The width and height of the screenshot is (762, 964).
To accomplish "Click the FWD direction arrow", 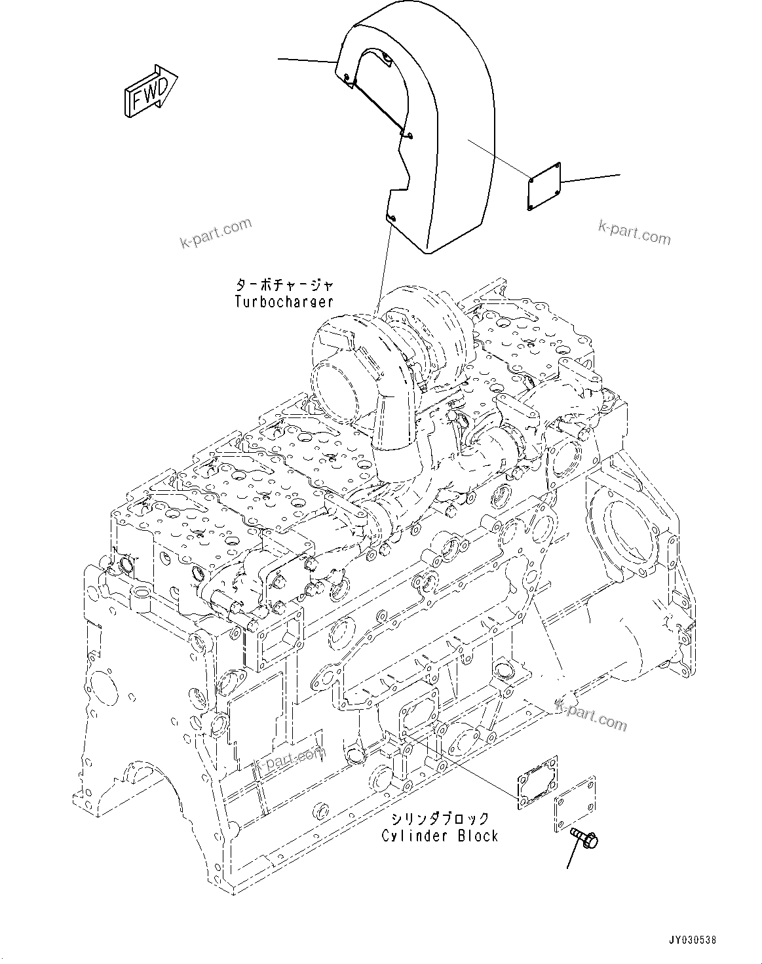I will pyautogui.click(x=149, y=92).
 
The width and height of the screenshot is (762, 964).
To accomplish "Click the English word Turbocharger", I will pyautogui.click(x=284, y=302).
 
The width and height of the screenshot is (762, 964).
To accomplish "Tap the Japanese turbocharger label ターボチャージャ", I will pyautogui.click(x=284, y=285).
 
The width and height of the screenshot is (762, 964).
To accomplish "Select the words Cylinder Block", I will pyautogui.click(x=440, y=836).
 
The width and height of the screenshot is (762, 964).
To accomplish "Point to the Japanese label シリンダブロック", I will pyautogui.click(x=440, y=819).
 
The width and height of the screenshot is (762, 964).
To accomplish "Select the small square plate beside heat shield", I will pyautogui.click(x=544, y=186).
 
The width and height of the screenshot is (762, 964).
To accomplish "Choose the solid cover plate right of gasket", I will pyautogui.click(x=575, y=805).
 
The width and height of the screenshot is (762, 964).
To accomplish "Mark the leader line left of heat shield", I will pyautogui.click(x=307, y=61).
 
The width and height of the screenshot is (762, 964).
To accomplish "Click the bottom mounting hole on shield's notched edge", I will pyautogui.click(x=391, y=218).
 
